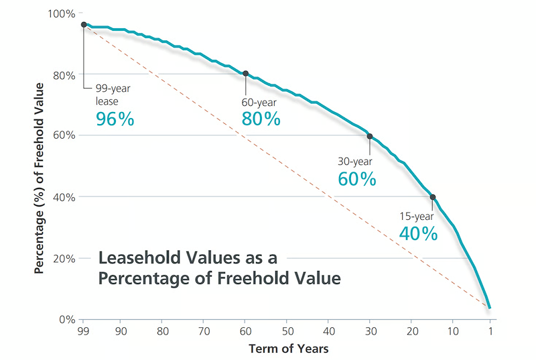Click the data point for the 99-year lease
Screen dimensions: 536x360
[x=84, y=25]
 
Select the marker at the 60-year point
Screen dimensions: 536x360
[x=245, y=74]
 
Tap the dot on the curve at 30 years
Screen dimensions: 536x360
[x=370, y=136]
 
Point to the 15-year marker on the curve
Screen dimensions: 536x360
[x=433, y=197]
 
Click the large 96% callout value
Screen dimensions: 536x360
[x=115, y=119]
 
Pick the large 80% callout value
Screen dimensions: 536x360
[x=261, y=119]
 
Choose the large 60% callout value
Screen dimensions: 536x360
[x=357, y=179]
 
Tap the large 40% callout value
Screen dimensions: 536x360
[x=418, y=234]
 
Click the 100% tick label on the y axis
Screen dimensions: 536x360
[x=62, y=14]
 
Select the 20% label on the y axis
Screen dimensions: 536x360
[x=64, y=259]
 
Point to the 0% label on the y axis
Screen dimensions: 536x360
[x=67, y=319]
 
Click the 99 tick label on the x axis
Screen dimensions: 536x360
[x=83, y=331]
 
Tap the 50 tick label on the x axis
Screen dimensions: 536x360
[x=288, y=331]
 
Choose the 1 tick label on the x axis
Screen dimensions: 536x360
[x=490, y=331]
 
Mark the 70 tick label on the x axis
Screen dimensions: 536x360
[x=204, y=331]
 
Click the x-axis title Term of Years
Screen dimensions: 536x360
[x=289, y=349]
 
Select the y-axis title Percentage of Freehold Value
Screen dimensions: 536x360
[x=40, y=178]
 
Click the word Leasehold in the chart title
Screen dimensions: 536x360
[x=140, y=258]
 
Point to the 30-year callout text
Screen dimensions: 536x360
[x=355, y=162]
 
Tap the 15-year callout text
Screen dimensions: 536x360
[x=417, y=217]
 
